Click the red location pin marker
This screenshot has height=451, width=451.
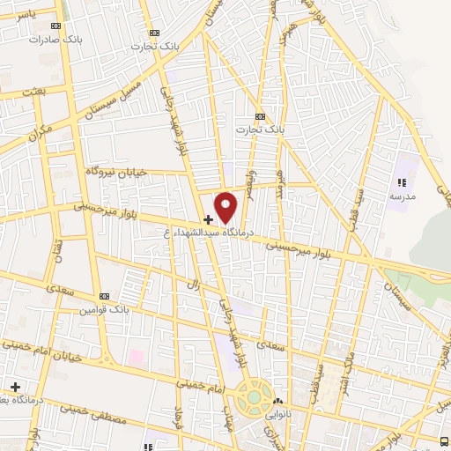tap(226, 205)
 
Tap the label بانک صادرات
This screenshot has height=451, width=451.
tap(48, 40)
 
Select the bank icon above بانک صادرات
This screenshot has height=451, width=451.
tap(58, 27)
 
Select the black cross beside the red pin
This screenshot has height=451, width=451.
tap(208, 218)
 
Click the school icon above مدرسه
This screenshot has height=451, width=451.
tap(402, 183)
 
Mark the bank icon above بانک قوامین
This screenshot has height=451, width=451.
tap(104, 297)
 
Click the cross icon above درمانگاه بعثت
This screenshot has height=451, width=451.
tap(15, 387)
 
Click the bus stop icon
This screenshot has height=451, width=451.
tap(445, 440)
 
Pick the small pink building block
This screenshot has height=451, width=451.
tap(137, 358)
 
